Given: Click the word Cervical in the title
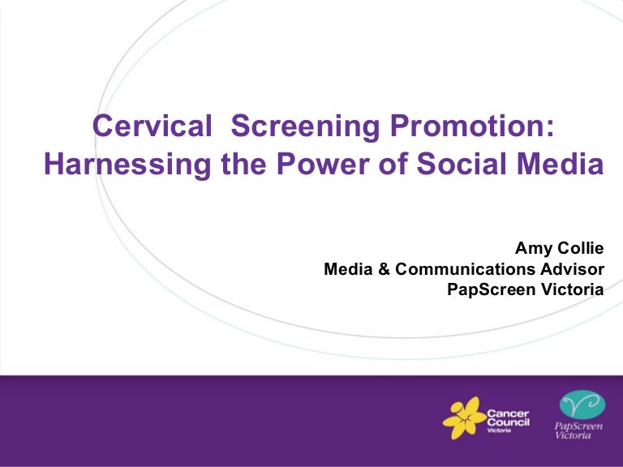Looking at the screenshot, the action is coord(153,126).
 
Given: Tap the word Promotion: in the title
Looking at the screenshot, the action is coord(472,126).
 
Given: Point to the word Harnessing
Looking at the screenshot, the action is coord(127,165).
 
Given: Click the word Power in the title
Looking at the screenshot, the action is coord(323,164).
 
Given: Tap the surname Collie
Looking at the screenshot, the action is coord(581,248).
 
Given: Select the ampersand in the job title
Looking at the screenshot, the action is coord(385,269).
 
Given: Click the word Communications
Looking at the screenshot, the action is coord(466,269).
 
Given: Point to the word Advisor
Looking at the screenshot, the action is coord(572,269).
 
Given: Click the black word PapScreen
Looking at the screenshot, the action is coord(492,289).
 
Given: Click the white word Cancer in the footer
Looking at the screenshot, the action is coord(508,413).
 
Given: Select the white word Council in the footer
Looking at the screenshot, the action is coord(508,422).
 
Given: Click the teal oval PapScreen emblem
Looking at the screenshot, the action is coord(582,405).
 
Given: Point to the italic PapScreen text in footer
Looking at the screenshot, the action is coord(578,426).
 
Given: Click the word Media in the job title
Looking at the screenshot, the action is coord(348,269).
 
